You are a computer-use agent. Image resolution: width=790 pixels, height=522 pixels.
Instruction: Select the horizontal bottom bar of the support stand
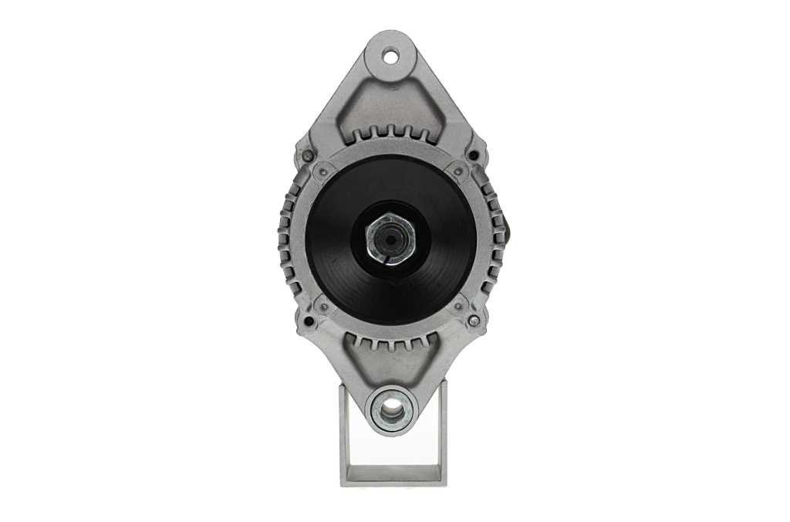click(x=393, y=475)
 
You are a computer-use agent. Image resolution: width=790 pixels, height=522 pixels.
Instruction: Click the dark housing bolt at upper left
click(x=308, y=156)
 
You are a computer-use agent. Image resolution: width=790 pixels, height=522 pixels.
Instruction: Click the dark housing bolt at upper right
click(x=473, y=155)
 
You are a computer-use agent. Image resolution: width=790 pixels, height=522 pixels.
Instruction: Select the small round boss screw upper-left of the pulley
click(x=324, y=172)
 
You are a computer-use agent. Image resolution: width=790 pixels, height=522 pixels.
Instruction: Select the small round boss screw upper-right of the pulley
click(x=458, y=171)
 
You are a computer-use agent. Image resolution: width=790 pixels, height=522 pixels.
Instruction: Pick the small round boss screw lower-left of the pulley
click(x=325, y=306)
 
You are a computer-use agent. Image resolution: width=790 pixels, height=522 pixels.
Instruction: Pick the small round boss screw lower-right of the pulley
click(x=458, y=307)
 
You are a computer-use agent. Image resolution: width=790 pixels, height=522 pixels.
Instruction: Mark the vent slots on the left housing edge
click(x=287, y=239)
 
